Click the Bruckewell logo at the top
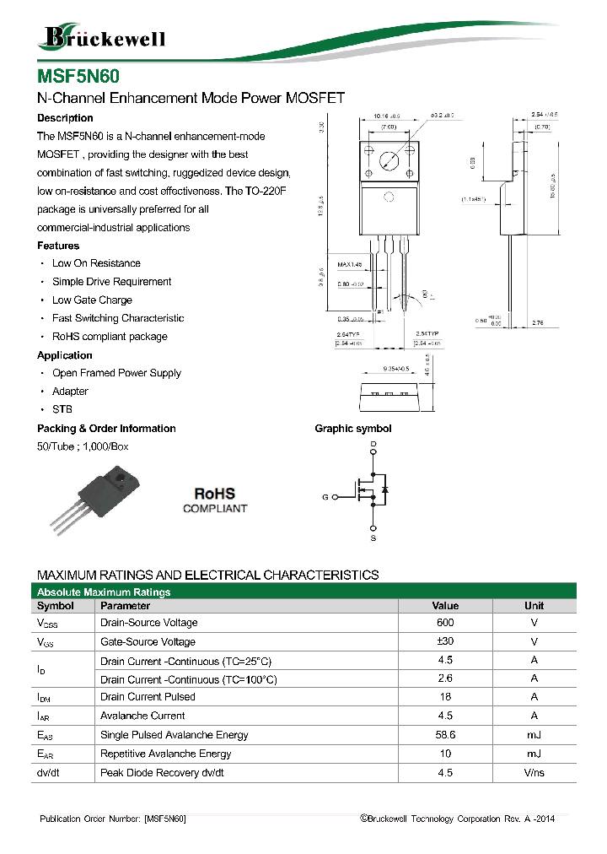(101, 36)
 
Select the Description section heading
(65, 118)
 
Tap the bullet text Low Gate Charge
(92, 300)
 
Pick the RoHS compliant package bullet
(110, 337)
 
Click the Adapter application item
(70, 392)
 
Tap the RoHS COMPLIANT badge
(215, 500)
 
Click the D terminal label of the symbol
(373, 444)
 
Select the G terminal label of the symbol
(325, 497)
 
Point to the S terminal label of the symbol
(373, 538)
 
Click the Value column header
(445, 606)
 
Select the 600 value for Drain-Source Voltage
(445, 623)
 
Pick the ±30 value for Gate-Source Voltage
(445, 641)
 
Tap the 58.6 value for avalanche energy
(445, 735)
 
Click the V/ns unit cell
(534, 773)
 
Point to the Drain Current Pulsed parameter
(148, 697)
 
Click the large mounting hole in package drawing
(389, 160)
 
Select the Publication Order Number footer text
(114, 819)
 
